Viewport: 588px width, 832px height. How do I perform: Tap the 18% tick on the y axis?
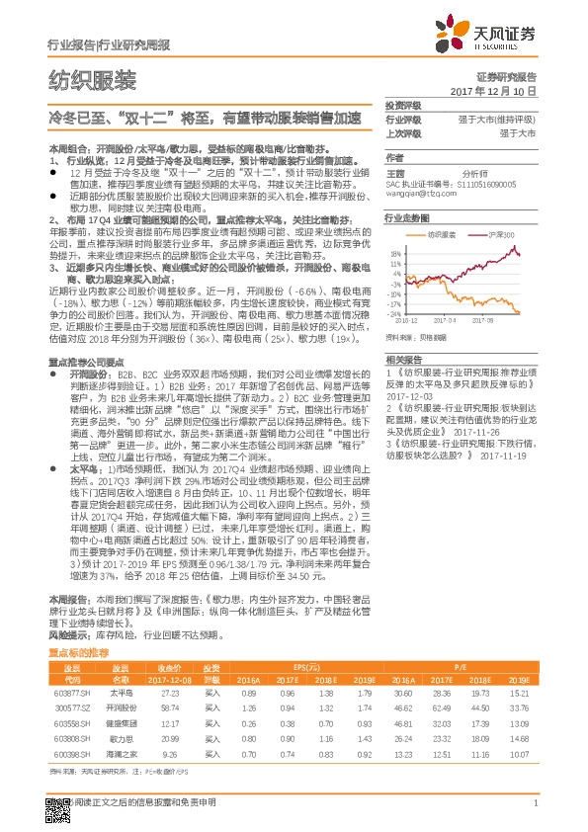click(394, 253)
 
